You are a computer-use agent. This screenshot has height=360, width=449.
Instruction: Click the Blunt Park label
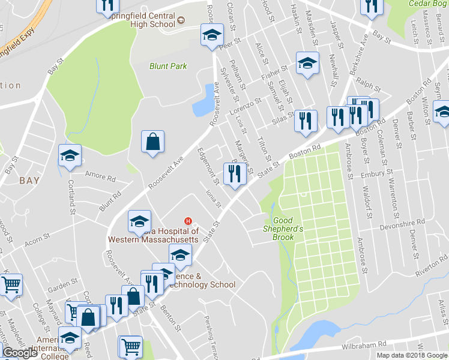[x=168, y=67]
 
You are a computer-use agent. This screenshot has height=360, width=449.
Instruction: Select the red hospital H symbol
[x=188, y=221]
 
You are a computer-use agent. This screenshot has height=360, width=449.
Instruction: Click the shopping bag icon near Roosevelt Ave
[x=152, y=142]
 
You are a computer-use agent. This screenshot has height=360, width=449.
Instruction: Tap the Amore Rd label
[x=100, y=177]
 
